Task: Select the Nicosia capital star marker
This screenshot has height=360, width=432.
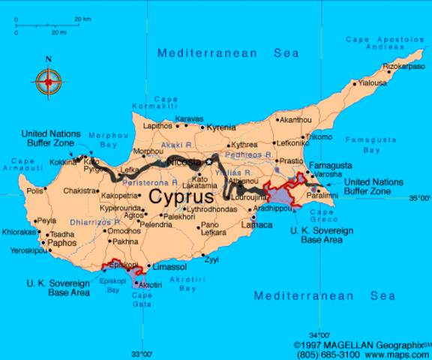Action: [x=209, y=161]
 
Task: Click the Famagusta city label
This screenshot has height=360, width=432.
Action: [x=331, y=165]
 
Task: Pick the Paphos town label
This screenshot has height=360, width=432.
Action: [x=61, y=242]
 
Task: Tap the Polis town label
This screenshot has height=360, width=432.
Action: [x=35, y=190]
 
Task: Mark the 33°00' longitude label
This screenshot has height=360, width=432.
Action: [x=142, y=353]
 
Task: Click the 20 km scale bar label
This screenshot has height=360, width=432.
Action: [x=82, y=18]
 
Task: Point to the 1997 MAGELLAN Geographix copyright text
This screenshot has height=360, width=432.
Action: [x=363, y=345]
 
